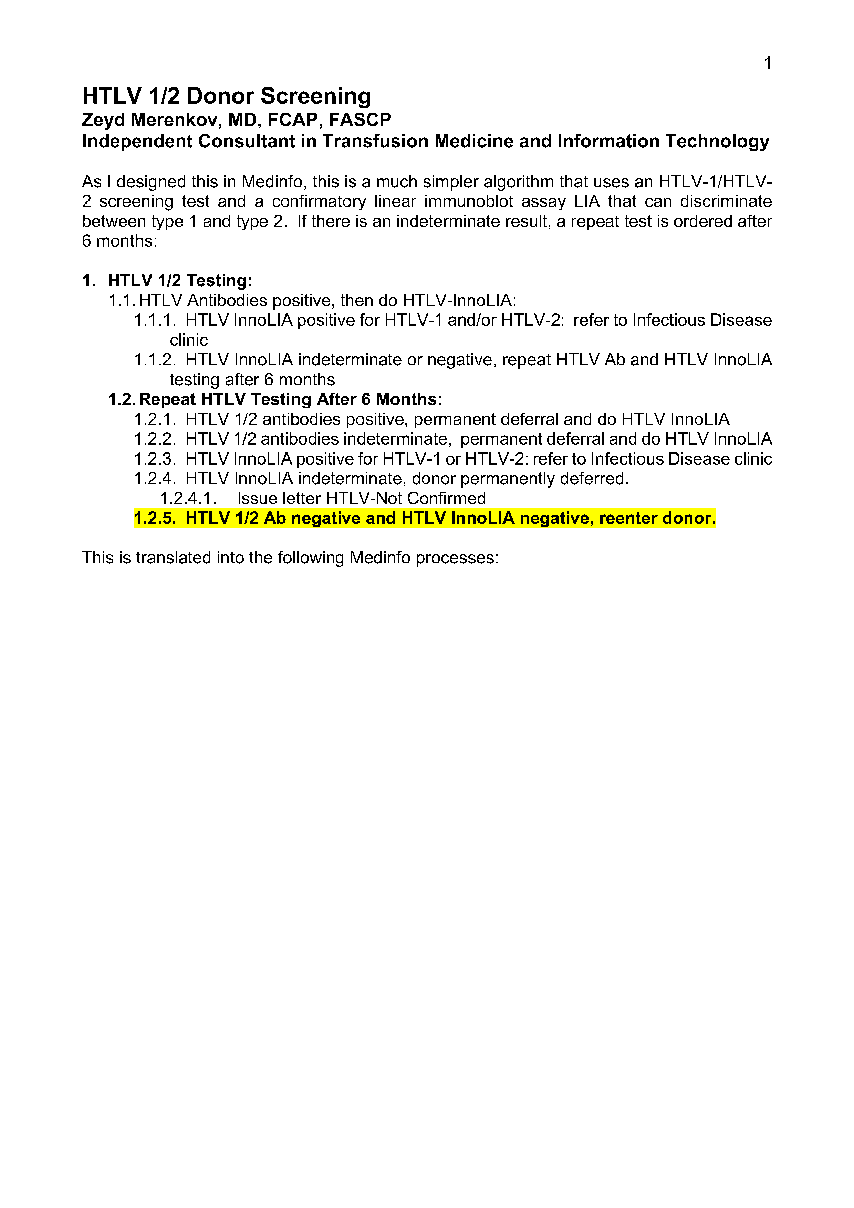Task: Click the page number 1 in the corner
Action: click(767, 63)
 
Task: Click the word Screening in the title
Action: click(316, 96)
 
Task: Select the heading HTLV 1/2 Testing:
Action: click(180, 280)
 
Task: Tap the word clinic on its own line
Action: click(188, 340)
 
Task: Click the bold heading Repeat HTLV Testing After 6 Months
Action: click(290, 399)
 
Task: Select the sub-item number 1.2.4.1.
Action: click(188, 498)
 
